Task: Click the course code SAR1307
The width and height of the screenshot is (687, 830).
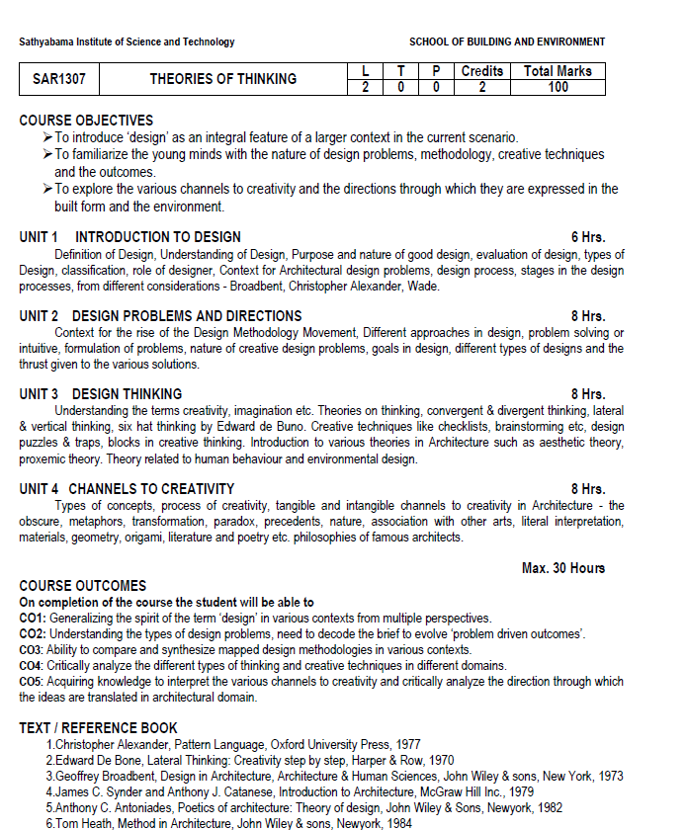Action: pyautogui.click(x=59, y=79)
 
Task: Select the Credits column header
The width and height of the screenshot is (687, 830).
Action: pyautogui.click(x=481, y=71)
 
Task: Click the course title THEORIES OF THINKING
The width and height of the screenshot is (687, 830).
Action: pyautogui.click(x=222, y=79)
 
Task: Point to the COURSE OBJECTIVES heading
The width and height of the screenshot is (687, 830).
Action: pyautogui.click(x=86, y=121)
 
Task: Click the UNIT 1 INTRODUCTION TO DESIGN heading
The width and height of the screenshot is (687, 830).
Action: pyautogui.click(x=129, y=237)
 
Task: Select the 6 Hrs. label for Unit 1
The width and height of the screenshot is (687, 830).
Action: pyautogui.click(x=588, y=237)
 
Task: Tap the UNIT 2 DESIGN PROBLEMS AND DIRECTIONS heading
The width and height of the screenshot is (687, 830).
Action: pyautogui.click(x=160, y=316)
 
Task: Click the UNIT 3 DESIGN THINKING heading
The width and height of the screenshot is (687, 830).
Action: pyautogui.click(x=100, y=394)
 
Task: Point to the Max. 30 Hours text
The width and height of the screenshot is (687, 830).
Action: pyautogui.click(x=563, y=568)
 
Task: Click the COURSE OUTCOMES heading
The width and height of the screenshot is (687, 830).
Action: pyautogui.click(x=82, y=586)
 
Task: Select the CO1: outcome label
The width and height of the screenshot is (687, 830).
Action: pyautogui.click(x=33, y=618)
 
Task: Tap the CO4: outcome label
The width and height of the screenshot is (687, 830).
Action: pyautogui.click(x=33, y=665)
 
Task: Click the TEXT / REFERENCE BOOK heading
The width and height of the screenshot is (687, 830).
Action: pyautogui.click(x=98, y=728)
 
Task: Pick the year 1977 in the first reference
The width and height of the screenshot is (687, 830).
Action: pyautogui.click(x=406, y=744)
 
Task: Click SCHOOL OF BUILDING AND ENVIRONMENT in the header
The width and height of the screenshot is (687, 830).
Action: pyautogui.click(x=507, y=42)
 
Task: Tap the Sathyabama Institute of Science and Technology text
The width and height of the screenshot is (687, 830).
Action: pyautogui.click(x=127, y=42)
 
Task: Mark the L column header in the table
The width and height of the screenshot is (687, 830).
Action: pyautogui.click(x=366, y=71)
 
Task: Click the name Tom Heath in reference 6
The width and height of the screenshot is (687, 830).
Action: pyautogui.click(x=81, y=823)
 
